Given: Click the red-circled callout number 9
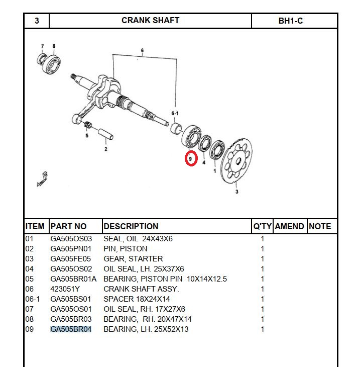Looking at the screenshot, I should pos(191,159).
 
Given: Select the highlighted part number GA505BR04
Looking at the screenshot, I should pos(71,329).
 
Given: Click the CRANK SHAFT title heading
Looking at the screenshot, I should pos(150,21).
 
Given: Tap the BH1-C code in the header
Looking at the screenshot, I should pos(290,21).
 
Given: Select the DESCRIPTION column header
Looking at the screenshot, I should pos(131,226).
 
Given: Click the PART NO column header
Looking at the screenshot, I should pos(68,226).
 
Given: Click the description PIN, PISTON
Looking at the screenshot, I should pos(125,249).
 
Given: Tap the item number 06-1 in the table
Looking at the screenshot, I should pos(32,299).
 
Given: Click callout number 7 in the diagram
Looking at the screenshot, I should pos(42,46).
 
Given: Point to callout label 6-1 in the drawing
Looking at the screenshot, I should pos(175,113).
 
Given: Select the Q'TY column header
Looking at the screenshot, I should pos(262,226).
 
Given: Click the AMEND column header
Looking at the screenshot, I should pos(289,226).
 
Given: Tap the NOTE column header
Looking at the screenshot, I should pos(320,226).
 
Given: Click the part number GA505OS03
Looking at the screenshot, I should pos(71,239).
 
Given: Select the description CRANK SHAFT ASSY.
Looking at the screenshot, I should pos(141,289).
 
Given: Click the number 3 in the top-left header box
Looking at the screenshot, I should pos(37,21).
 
